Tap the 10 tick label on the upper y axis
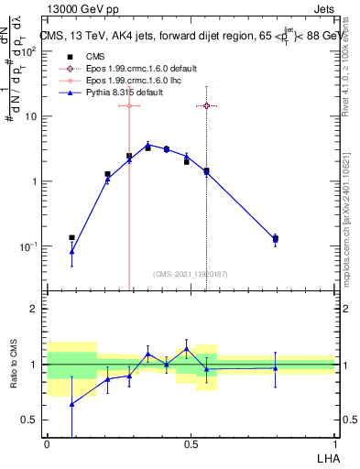click(x=30, y=117)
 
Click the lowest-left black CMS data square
click(x=71, y=237)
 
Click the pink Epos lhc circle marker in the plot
click(x=129, y=105)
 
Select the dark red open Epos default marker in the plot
click(x=206, y=105)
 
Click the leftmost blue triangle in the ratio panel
click(x=71, y=403)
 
